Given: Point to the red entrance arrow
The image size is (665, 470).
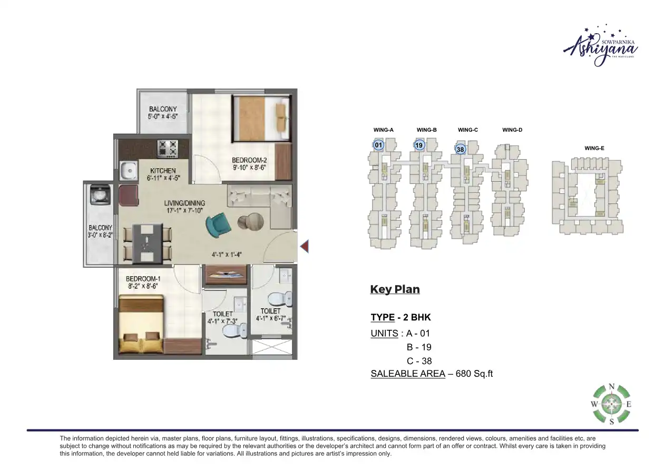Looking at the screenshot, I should pyautogui.click(x=304, y=246).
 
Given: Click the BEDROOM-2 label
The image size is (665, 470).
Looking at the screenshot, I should pyautogui.click(x=250, y=160).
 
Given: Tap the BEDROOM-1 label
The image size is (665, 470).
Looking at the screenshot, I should pyautogui.click(x=143, y=278).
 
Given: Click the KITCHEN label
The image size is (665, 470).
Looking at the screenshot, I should pyautogui.click(x=163, y=171).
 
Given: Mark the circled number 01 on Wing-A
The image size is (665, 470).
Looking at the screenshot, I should pyautogui.click(x=378, y=145).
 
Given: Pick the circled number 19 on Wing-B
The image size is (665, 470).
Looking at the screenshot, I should pyautogui.click(x=419, y=145).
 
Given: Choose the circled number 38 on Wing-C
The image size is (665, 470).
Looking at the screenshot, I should pyautogui.click(x=461, y=149).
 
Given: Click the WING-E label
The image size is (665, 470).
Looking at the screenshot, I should pyautogui.click(x=594, y=149).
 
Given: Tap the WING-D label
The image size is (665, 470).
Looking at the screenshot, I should pyautogui.click(x=512, y=130).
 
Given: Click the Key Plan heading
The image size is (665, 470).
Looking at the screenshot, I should pyautogui.click(x=395, y=289).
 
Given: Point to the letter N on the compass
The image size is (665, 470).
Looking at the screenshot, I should pyautogui.click(x=611, y=386).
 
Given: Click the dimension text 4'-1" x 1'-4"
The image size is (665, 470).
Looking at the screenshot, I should pyautogui.click(x=227, y=254).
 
